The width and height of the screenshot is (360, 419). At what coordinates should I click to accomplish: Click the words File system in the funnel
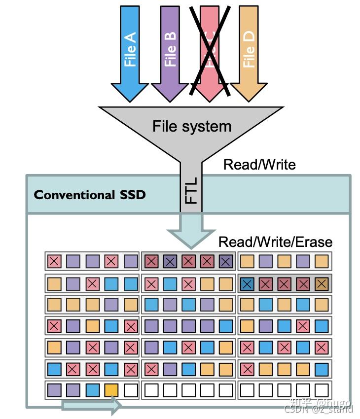(x=192, y=126)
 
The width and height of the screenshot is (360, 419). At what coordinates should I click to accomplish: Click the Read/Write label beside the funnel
(x=259, y=164)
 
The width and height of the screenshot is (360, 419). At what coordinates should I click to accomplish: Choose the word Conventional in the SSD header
(x=73, y=194)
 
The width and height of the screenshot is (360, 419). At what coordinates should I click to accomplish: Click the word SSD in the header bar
(x=132, y=194)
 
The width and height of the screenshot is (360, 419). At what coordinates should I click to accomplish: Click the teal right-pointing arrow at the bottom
(x=91, y=406)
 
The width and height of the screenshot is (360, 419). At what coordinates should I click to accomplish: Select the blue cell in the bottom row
(x=92, y=391)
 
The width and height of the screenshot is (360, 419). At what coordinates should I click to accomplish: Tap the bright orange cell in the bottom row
(x=111, y=391)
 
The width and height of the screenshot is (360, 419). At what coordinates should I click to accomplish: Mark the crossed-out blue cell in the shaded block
(x=248, y=283)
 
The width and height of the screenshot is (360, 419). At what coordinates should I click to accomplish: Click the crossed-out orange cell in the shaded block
(x=321, y=283)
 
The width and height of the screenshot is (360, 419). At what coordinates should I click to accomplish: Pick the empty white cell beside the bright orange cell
(x=131, y=391)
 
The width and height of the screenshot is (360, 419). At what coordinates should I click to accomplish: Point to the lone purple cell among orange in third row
(x=111, y=305)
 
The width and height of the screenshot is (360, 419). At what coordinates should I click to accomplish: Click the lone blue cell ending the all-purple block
(x=225, y=326)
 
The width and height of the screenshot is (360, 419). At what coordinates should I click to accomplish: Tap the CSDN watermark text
(x=319, y=409)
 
